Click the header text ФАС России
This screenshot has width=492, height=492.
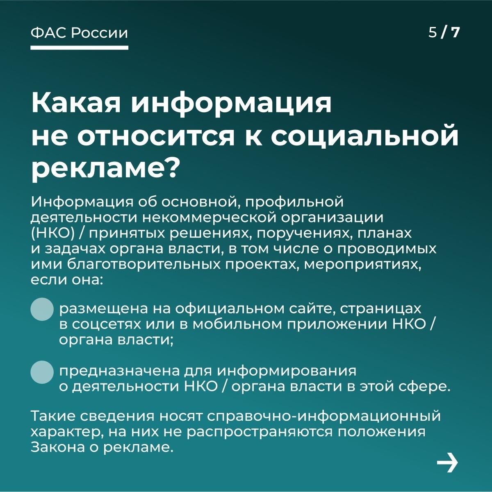point(79,33)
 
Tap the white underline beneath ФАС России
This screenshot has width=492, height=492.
point(79,48)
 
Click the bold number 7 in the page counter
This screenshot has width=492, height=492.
point(455,32)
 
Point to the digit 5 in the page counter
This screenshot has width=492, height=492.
point(433,32)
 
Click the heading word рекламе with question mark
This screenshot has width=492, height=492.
point(104,169)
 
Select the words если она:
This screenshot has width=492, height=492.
point(67,280)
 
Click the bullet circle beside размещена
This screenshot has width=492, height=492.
point(42,310)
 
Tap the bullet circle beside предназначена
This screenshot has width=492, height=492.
point(42,372)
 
